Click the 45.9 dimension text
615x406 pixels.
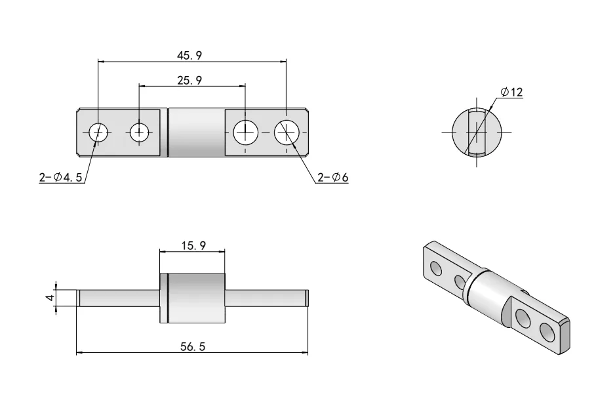(x=189, y=56)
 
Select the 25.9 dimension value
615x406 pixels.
(x=189, y=80)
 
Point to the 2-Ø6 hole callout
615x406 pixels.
(x=332, y=176)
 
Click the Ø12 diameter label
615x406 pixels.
(x=511, y=92)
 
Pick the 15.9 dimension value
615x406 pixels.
(x=192, y=245)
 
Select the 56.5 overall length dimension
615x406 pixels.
(x=192, y=347)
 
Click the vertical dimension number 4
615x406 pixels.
(x=49, y=298)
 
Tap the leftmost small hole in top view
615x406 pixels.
(x=98, y=132)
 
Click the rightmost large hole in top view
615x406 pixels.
(x=287, y=132)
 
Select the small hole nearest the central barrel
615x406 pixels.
(x=139, y=132)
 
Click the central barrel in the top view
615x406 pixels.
(x=196, y=132)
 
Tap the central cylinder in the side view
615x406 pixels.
(x=196, y=298)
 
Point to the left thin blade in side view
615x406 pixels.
(x=118, y=298)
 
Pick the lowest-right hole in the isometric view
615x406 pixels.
(x=546, y=333)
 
